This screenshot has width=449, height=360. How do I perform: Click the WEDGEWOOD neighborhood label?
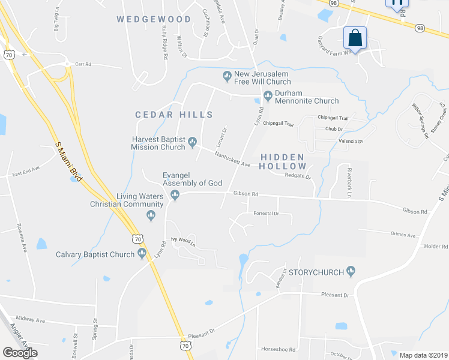(154, 19)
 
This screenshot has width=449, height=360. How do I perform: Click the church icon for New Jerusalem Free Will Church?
(227, 75)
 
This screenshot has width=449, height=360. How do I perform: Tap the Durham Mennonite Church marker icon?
(268, 94)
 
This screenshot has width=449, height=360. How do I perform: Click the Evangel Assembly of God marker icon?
(175, 194)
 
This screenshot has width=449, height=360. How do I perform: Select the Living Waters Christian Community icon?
(151, 215)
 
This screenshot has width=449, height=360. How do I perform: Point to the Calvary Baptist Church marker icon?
(143, 254)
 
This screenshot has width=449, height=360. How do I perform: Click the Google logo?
(20, 352)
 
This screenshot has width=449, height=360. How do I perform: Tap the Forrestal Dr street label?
(267, 213)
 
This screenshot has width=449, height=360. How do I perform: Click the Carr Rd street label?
(83, 64)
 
